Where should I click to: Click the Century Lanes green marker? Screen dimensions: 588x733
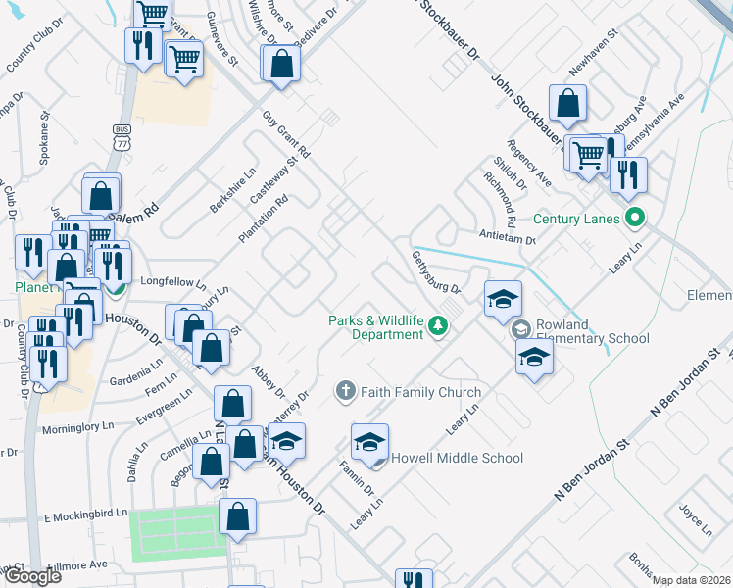(x=635, y=219)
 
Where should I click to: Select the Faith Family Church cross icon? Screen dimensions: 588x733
(x=345, y=392)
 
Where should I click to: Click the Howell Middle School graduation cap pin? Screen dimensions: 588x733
(x=369, y=443)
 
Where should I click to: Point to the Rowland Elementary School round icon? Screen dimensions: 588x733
(x=519, y=330)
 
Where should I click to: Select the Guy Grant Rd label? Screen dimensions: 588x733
(x=285, y=135)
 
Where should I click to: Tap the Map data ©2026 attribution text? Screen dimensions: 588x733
(x=692, y=580)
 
